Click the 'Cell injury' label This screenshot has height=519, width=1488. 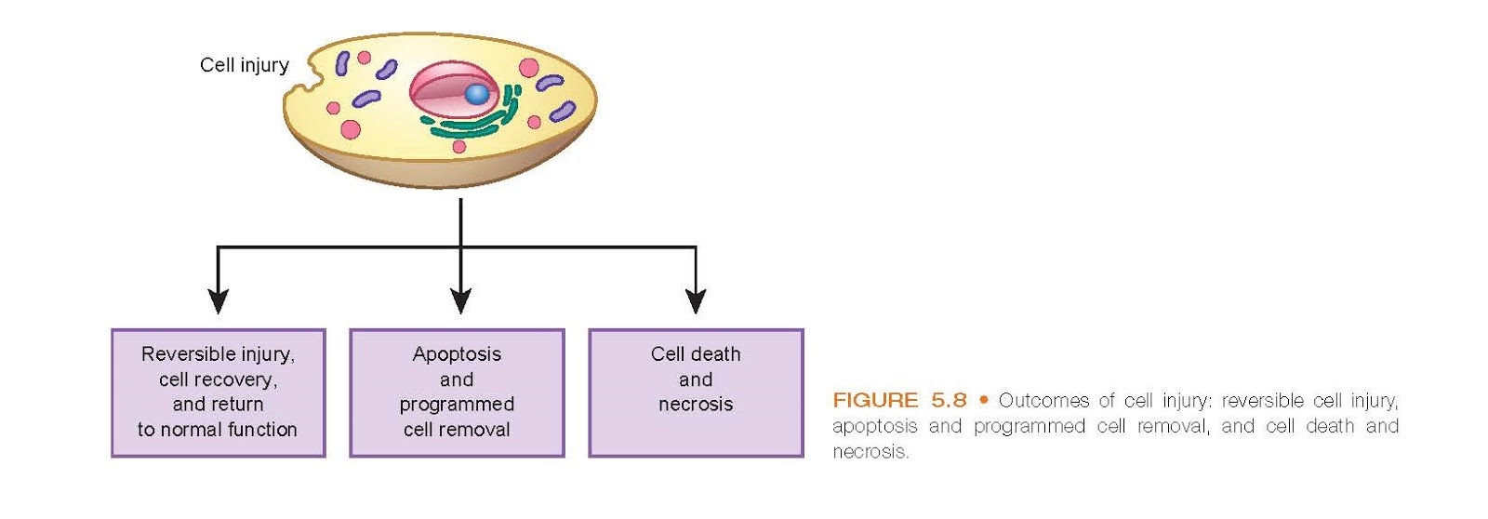pyautogui.click(x=244, y=65)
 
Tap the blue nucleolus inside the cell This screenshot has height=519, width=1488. pyautogui.click(x=476, y=94)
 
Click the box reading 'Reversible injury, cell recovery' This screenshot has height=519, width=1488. pyautogui.click(x=218, y=393)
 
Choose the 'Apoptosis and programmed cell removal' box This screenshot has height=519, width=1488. pyautogui.click(x=457, y=393)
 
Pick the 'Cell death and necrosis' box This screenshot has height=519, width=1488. pyautogui.click(x=696, y=393)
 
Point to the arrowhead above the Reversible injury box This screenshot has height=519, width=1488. pyautogui.click(x=218, y=301)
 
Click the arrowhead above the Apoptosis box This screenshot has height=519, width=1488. pyautogui.click(x=460, y=301)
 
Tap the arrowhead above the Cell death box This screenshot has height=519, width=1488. pyautogui.click(x=696, y=301)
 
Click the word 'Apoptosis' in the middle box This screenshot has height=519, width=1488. pyautogui.click(x=457, y=354)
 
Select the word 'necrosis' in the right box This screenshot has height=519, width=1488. pyautogui.click(x=696, y=405)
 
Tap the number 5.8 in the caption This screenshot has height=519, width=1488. pyautogui.click(x=949, y=401)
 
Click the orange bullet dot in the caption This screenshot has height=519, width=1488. pyautogui.click(x=983, y=401)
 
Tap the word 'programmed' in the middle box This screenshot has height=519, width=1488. pyautogui.click(x=457, y=405)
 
